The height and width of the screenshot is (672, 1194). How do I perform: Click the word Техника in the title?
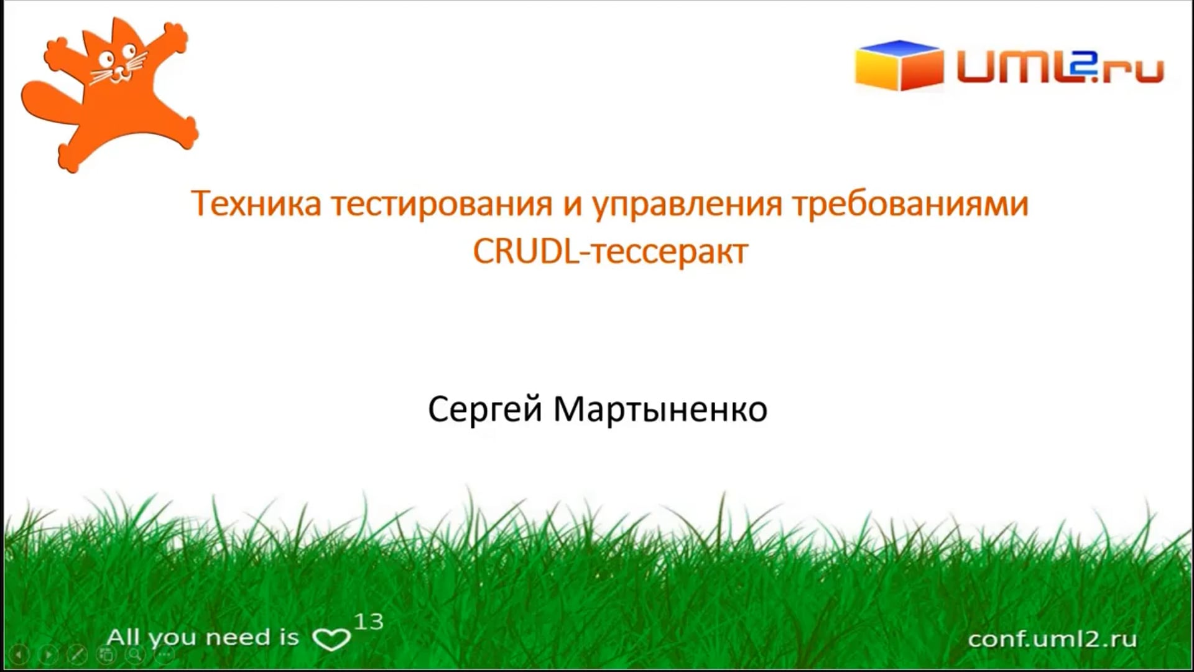pyautogui.click(x=256, y=203)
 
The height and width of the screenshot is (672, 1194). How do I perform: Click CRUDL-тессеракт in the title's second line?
pyautogui.click(x=610, y=253)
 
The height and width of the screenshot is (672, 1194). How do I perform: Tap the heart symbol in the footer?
pyautogui.click(x=331, y=639)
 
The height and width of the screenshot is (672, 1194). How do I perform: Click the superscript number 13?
pyautogui.click(x=369, y=622)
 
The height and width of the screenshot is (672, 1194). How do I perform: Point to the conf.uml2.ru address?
pyautogui.click(x=1052, y=639)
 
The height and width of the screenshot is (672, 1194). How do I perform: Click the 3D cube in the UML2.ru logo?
pyautogui.click(x=898, y=65)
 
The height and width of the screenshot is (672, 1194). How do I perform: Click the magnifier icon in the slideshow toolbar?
pyautogui.click(x=135, y=654)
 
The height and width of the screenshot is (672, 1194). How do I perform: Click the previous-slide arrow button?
pyautogui.click(x=19, y=655)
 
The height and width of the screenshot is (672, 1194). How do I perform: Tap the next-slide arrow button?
pyautogui.click(x=48, y=655)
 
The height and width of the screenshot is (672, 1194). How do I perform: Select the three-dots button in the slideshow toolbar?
pyautogui.click(x=164, y=655)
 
